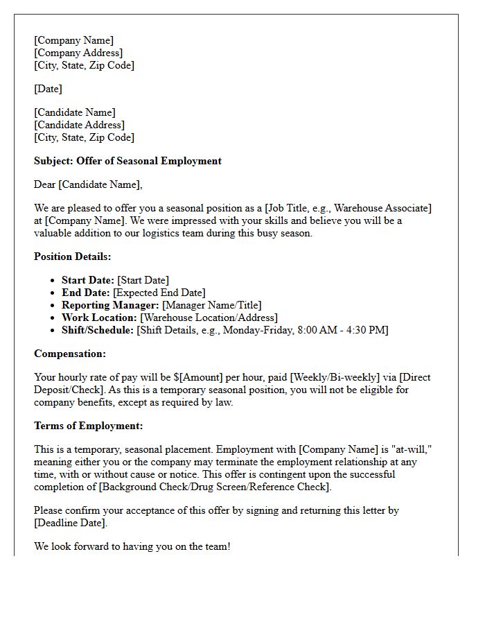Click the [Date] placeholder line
tap(48, 89)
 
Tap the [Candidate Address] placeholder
tap(80, 125)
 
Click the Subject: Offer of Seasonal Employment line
tap(127, 161)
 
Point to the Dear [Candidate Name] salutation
tap(88, 184)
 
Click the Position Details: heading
tap(72, 257)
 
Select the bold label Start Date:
tap(88, 280)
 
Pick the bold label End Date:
tap(86, 293)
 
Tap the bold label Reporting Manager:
tap(110, 305)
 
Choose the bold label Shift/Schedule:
tap(98, 330)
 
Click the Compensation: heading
tap(70, 354)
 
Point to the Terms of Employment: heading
tap(89, 426)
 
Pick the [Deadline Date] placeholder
tap(71, 523)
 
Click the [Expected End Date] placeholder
tap(159, 293)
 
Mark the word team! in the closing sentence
tap(216, 546)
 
